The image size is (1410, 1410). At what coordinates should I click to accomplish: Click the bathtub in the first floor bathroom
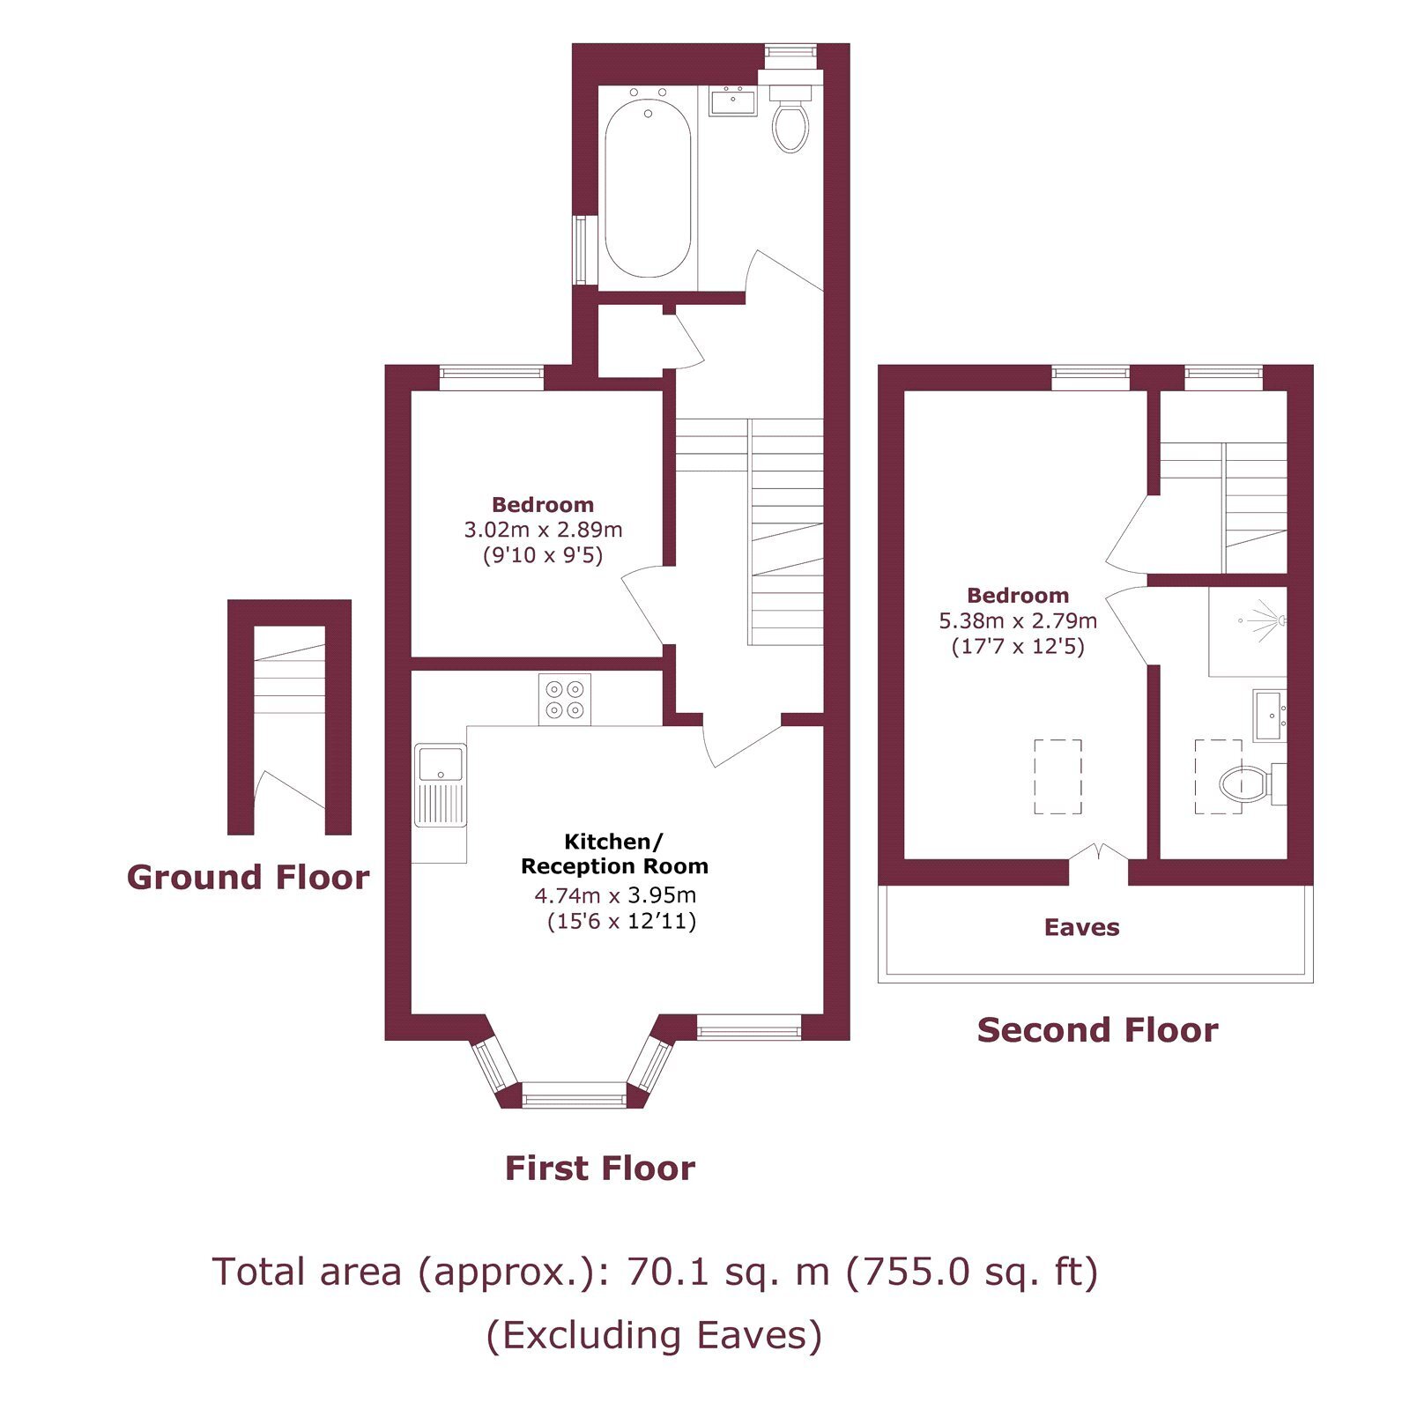click(x=648, y=189)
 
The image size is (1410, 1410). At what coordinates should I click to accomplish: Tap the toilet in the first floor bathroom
click(x=790, y=118)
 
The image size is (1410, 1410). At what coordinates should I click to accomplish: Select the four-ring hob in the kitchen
click(x=565, y=700)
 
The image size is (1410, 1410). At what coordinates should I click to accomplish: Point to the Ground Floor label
click(x=249, y=878)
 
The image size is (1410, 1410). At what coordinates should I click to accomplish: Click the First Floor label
click(x=600, y=1169)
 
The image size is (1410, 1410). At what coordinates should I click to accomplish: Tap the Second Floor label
click(x=1098, y=1030)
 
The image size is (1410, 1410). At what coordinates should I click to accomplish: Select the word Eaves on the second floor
click(x=1082, y=927)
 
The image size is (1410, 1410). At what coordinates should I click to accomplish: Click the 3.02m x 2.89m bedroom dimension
click(x=544, y=530)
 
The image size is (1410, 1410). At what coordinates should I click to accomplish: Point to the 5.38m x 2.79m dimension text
click(x=1018, y=620)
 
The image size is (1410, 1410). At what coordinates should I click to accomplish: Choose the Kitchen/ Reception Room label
click(x=614, y=853)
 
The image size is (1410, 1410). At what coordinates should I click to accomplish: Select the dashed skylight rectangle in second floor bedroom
click(x=1057, y=776)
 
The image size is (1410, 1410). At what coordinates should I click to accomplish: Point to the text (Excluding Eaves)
click(x=654, y=1335)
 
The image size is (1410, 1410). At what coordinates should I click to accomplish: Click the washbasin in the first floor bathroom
click(x=732, y=100)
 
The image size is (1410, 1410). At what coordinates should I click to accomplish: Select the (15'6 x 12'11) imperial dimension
click(x=621, y=922)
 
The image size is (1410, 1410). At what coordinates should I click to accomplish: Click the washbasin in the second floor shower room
click(x=1270, y=716)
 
